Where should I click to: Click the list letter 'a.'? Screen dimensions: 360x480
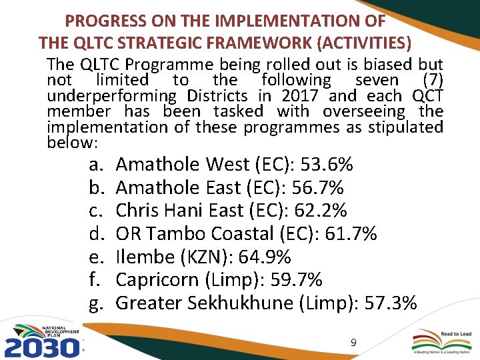point(97,165)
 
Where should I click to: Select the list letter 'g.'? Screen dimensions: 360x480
point(97,304)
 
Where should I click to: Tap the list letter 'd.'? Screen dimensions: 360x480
point(97,234)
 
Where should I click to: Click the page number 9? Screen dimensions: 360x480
point(354,343)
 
